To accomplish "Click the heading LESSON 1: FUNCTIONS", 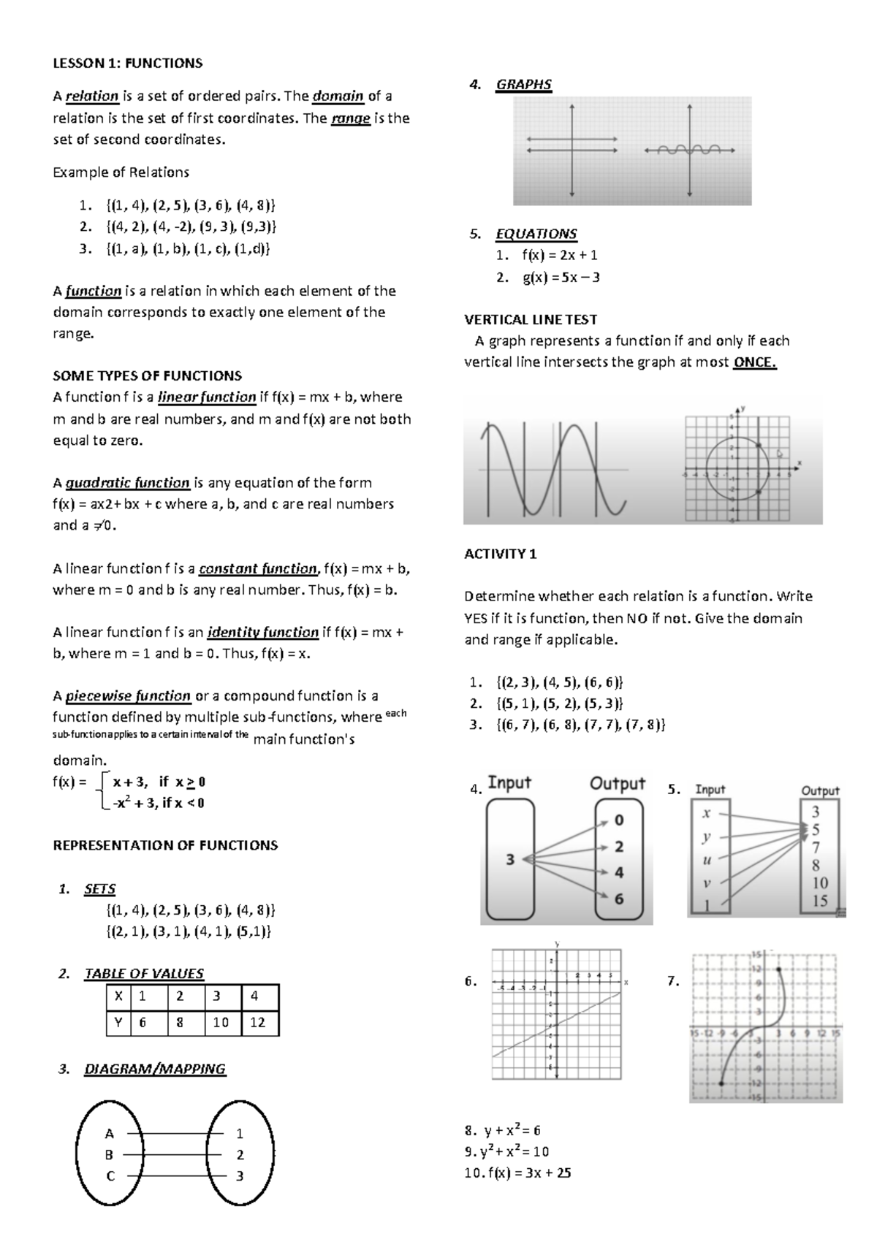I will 127,64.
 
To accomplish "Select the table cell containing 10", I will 221,1022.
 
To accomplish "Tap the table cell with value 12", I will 257,1022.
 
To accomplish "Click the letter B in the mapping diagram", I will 110,1155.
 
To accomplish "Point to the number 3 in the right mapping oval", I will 240,1176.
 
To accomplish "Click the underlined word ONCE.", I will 754,362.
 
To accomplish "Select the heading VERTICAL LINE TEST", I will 531,319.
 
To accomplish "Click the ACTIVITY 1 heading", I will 500,554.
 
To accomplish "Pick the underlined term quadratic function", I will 127,483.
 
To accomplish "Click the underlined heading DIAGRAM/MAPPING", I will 155,1070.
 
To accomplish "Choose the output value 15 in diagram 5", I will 820,901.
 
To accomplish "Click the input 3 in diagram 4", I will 510,860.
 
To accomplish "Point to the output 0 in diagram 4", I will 619,820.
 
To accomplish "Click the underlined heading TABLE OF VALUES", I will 144,974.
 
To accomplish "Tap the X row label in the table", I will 118,996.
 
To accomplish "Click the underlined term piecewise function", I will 128,696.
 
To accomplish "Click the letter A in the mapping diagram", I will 110,1134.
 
